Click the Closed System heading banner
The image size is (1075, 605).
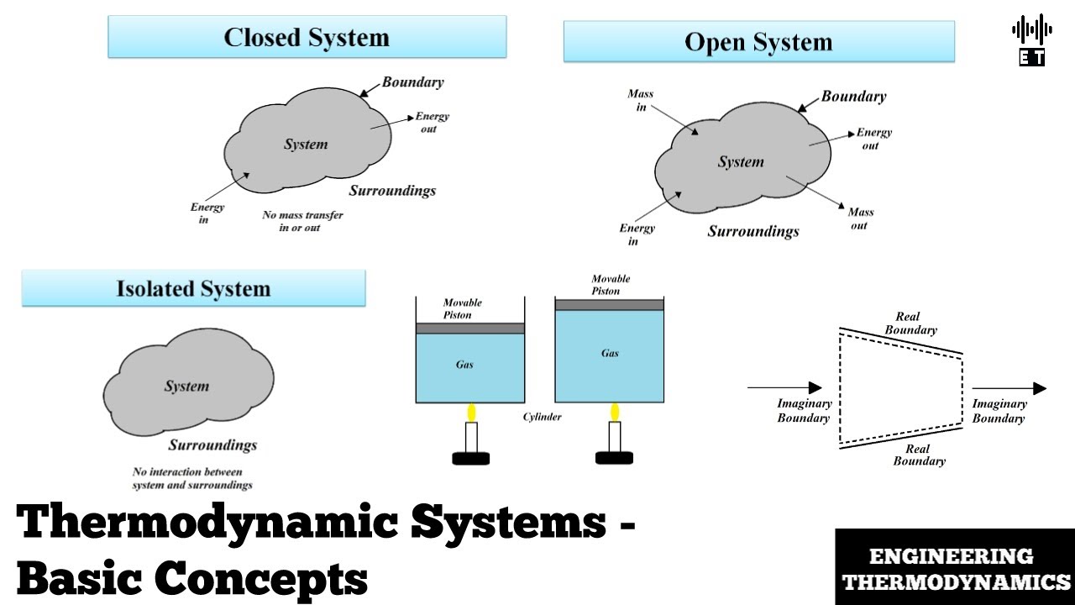pyautogui.click(x=307, y=38)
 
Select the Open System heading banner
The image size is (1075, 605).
pyautogui.click(x=758, y=42)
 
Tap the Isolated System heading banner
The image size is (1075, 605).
pyautogui.click(x=193, y=289)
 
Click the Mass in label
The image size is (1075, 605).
pyautogui.click(x=640, y=101)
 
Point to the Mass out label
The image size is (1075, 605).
pyautogui.click(x=860, y=218)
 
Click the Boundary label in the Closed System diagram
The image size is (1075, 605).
pyautogui.click(x=412, y=82)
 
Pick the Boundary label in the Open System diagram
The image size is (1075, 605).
pyautogui.click(x=853, y=97)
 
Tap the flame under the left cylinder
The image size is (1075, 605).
pyautogui.click(x=472, y=412)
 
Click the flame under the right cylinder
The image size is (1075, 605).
pyautogui.click(x=615, y=412)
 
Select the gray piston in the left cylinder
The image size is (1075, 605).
pyautogui.click(x=470, y=329)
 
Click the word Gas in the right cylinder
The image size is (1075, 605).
pyautogui.click(x=610, y=353)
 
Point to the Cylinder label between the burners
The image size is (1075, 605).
pyautogui.click(x=542, y=417)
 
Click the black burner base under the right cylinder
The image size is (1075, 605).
pyautogui.click(x=614, y=458)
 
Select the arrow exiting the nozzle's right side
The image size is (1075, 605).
pyautogui.click(x=1009, y=388)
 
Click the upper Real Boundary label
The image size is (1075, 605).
pyautogui.click(x=910, y=324)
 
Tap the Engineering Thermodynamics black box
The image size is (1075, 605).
pyautogui.click(x=956, y=568)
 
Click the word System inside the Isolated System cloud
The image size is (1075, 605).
pyautogui.click(x=186, y=387)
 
